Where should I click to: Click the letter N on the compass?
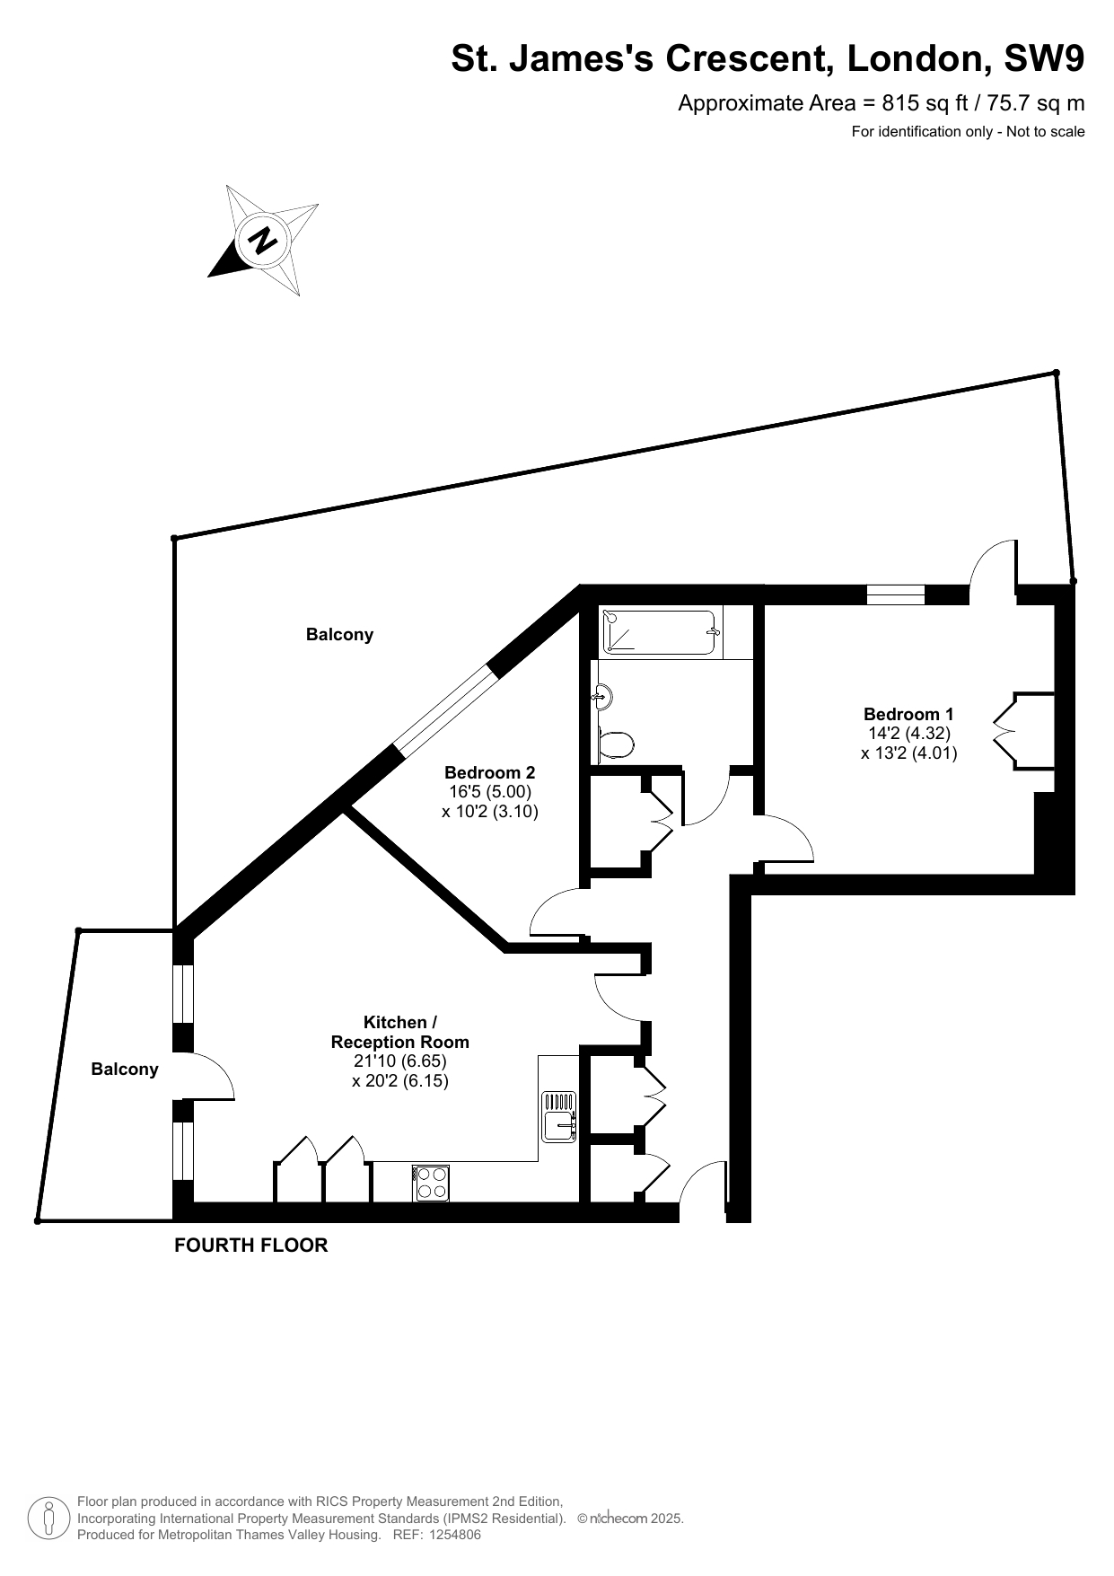coord(263,240)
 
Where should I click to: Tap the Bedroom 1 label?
coord(908,714)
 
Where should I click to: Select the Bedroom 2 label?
coord(490,772)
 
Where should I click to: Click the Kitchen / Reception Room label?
coord(400,1032)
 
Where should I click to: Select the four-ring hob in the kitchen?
coord(432,1182)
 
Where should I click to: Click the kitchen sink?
coord(559,1116)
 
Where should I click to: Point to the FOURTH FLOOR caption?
coord(251,1246)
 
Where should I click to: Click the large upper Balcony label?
coord(339,635)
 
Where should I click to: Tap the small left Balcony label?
coord(125,1070)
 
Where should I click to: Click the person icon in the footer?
coord(48,1518)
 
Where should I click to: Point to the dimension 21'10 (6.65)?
coord(400,1061)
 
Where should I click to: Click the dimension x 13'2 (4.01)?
coord(908,753)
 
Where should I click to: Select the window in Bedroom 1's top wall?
coord(896,594)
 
